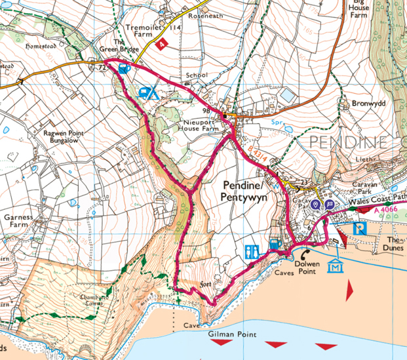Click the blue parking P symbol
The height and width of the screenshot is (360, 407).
coord(360,229)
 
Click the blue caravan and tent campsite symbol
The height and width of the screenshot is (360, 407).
coord(147,92)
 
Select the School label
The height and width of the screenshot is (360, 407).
coord(196,75)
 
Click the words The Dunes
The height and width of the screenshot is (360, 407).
coord(396,243)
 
